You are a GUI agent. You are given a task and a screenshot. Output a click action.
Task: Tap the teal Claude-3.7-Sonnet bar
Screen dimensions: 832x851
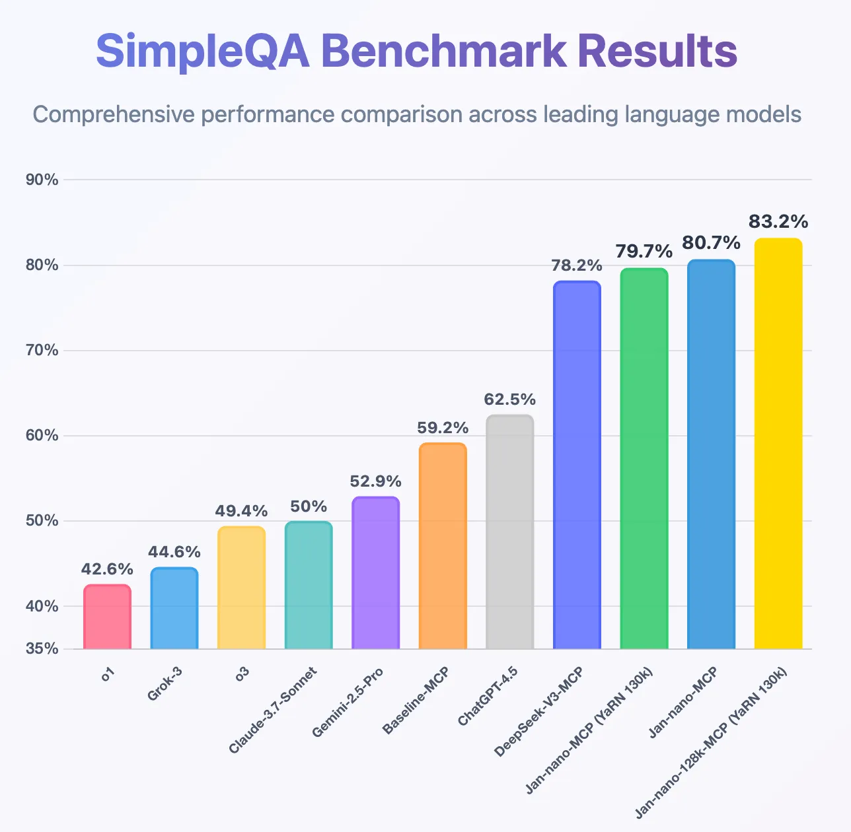click(x=309, y=585)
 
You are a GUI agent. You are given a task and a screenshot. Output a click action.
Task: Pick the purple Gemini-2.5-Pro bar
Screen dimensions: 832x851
click(x=375, y=572)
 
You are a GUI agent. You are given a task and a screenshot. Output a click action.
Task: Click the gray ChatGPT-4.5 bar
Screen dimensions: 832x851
click(x=509, y=532)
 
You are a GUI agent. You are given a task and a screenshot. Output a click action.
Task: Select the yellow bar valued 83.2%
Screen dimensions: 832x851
click(x=778, y=443)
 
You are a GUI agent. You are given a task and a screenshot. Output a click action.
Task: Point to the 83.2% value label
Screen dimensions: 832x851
click(x=778, y=221)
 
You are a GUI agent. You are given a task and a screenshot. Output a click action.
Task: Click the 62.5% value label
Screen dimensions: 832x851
click(x=509, y=399)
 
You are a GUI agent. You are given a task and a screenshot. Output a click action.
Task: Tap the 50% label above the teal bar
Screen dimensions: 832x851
click(x=309, y=506)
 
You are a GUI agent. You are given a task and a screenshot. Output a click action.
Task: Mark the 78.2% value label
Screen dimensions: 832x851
click(x=577, y=265)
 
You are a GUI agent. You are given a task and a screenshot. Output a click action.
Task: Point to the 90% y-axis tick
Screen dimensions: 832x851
click(x=42, y=180)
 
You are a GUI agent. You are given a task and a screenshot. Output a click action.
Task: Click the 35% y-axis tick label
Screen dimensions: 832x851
click(x=42, y=648)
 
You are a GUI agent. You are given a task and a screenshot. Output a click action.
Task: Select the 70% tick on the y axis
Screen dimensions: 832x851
click(x=42, y=351)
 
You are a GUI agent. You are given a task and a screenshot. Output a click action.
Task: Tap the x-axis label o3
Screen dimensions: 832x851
click(x=242, y=676)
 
